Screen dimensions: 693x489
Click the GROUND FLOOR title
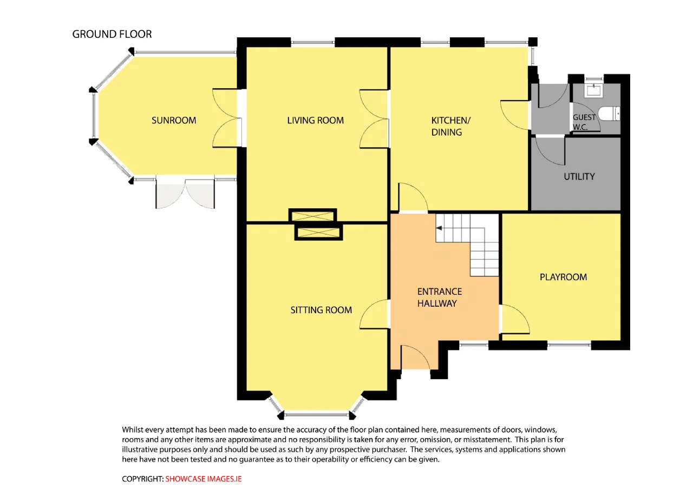coord(112,34)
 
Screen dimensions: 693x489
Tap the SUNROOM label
coord(174,120)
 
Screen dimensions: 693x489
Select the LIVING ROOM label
coord(315,120)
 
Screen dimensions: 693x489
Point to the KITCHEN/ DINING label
coord(451,126)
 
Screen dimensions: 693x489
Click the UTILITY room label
coord(579,176)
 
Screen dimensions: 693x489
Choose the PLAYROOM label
coord(563,277)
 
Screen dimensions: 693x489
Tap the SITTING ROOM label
coord(321,310)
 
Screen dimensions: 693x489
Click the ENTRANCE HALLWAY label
coord(439,298)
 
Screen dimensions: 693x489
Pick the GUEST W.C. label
coord(584,122)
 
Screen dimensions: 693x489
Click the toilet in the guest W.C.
coord(609,114)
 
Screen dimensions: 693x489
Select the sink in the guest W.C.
coord(594,90)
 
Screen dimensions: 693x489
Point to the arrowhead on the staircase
coord(439,228)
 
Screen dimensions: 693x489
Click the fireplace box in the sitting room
coord(318,233)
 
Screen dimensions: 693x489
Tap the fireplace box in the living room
coord(312,215)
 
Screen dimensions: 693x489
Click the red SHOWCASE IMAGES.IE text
coord(203,479)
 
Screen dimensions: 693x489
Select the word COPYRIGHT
coord(142,479)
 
